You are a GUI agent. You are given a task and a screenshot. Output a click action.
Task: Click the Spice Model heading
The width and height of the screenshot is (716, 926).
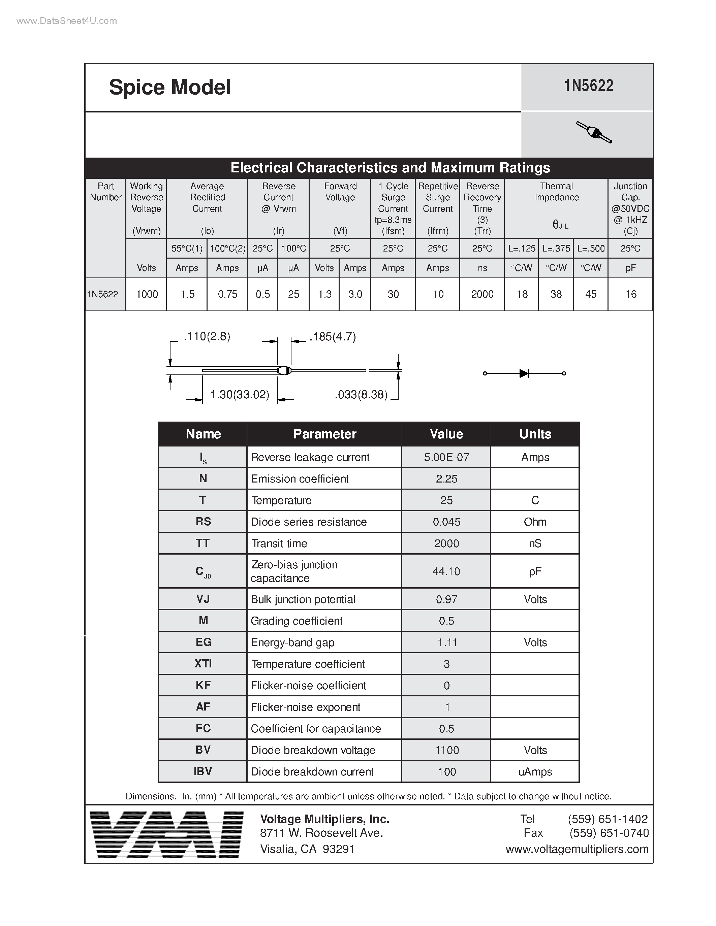[x=170, y=87]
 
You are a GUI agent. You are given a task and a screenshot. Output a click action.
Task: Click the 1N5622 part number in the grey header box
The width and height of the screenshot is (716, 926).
[x=588, y=86]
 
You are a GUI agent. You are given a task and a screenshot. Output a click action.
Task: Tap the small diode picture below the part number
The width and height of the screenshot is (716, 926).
[x=594, y=133]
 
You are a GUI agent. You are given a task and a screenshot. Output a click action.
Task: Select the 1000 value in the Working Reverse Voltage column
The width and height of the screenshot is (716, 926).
[x=147, y=294]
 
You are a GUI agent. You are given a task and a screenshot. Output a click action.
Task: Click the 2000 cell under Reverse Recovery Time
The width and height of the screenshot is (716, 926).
[x=482, y=294]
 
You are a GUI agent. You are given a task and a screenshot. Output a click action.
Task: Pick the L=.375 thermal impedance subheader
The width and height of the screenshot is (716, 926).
[x=556, y=249]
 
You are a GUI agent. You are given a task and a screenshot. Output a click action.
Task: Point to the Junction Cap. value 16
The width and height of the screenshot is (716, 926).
[x=631, y=294]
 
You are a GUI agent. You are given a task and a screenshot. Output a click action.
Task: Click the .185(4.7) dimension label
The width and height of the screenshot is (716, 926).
[x=333, y=337]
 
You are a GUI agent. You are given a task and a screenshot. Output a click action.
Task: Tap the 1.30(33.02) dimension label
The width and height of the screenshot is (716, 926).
[x=240, y=395]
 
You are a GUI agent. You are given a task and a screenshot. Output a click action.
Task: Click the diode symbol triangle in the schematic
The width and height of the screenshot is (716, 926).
[x=524, y=373]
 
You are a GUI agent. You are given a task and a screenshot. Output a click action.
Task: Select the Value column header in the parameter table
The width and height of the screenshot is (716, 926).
[x=446, y=434]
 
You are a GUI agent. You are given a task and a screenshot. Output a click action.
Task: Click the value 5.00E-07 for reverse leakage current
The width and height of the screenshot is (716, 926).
[x=446, y=458]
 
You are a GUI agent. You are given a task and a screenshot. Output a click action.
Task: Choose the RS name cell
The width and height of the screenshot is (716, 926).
[x=203, y=522]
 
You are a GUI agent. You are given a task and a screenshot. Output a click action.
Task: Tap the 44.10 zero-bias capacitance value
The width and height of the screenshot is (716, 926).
[x=446, y=571]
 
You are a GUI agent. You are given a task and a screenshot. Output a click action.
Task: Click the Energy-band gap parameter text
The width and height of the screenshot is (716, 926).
[x=293, y=642]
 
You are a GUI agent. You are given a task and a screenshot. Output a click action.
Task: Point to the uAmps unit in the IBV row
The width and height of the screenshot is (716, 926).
[x=535, y=772]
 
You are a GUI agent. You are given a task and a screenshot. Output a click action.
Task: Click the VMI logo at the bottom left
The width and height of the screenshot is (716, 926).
[x=167, y=834]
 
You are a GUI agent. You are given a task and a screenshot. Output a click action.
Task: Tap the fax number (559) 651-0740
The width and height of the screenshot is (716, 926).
[x=609, y=833]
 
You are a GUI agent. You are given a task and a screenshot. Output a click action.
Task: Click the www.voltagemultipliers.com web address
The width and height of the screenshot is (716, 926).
[x=577, y=849]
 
